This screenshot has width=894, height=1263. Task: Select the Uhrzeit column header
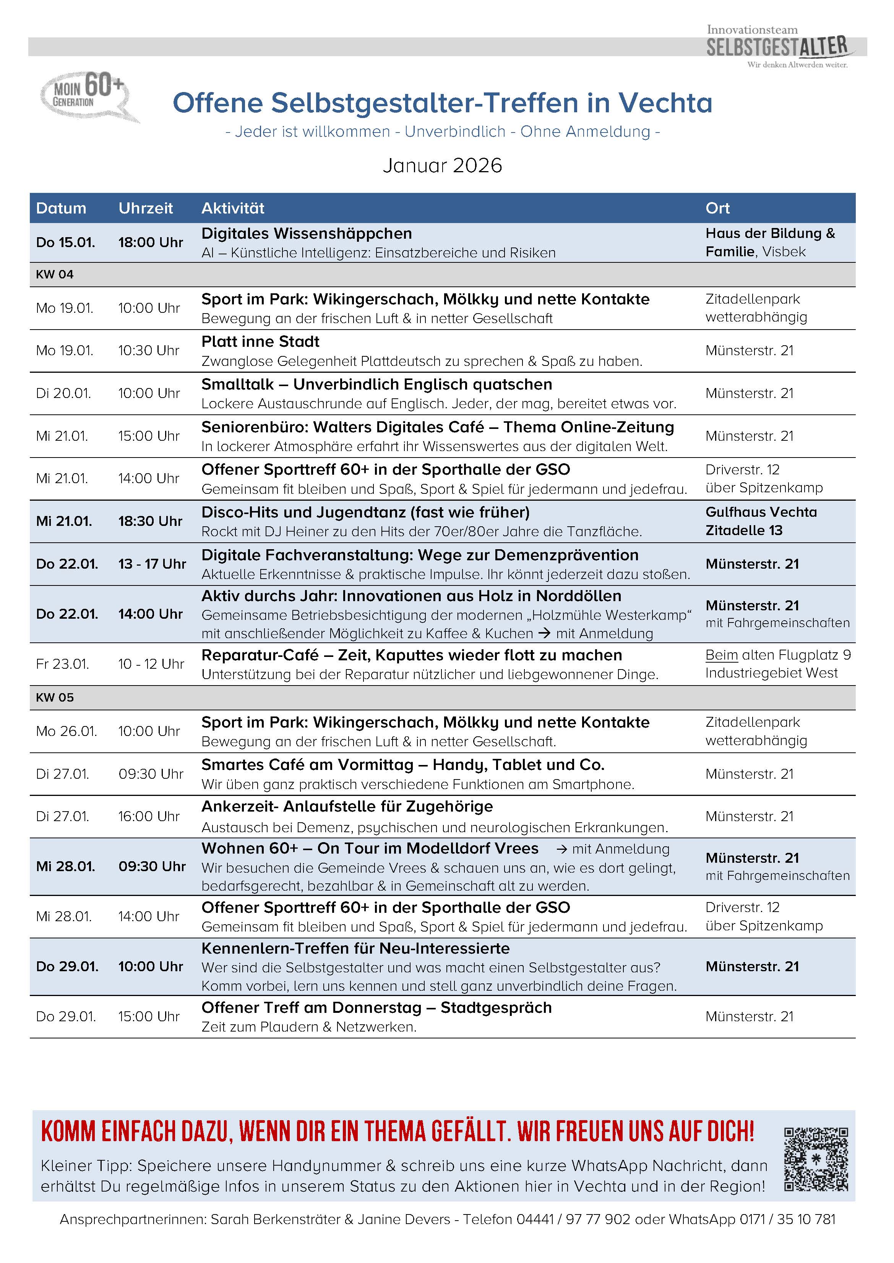click(145, 208)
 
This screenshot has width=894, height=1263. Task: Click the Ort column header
click(717, 208)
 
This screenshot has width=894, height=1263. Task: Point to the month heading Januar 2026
click(443, 166)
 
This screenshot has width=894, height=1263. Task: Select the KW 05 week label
click(55, 697)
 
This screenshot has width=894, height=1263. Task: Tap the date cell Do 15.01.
click(65, 242)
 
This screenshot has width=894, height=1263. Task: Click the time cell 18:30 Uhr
click(150, 521)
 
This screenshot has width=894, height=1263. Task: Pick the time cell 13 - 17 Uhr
click(152, 564)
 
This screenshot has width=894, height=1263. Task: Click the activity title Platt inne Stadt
click(260, 341)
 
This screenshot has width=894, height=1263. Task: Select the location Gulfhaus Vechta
click(761, 512)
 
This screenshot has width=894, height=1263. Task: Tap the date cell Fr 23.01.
click(62, 664)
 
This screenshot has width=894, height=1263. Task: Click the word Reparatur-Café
click(260, 655)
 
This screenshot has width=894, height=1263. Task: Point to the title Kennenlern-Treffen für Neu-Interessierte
click(355, 948)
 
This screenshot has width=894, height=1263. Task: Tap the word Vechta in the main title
click(665, 103)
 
